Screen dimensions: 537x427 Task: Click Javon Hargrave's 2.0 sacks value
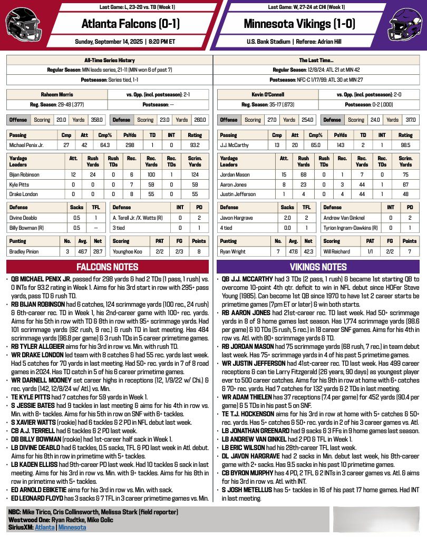pos(287,217)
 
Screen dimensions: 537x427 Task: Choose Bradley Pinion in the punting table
pos(24,251)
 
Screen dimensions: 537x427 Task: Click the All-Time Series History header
pos(109,60)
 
